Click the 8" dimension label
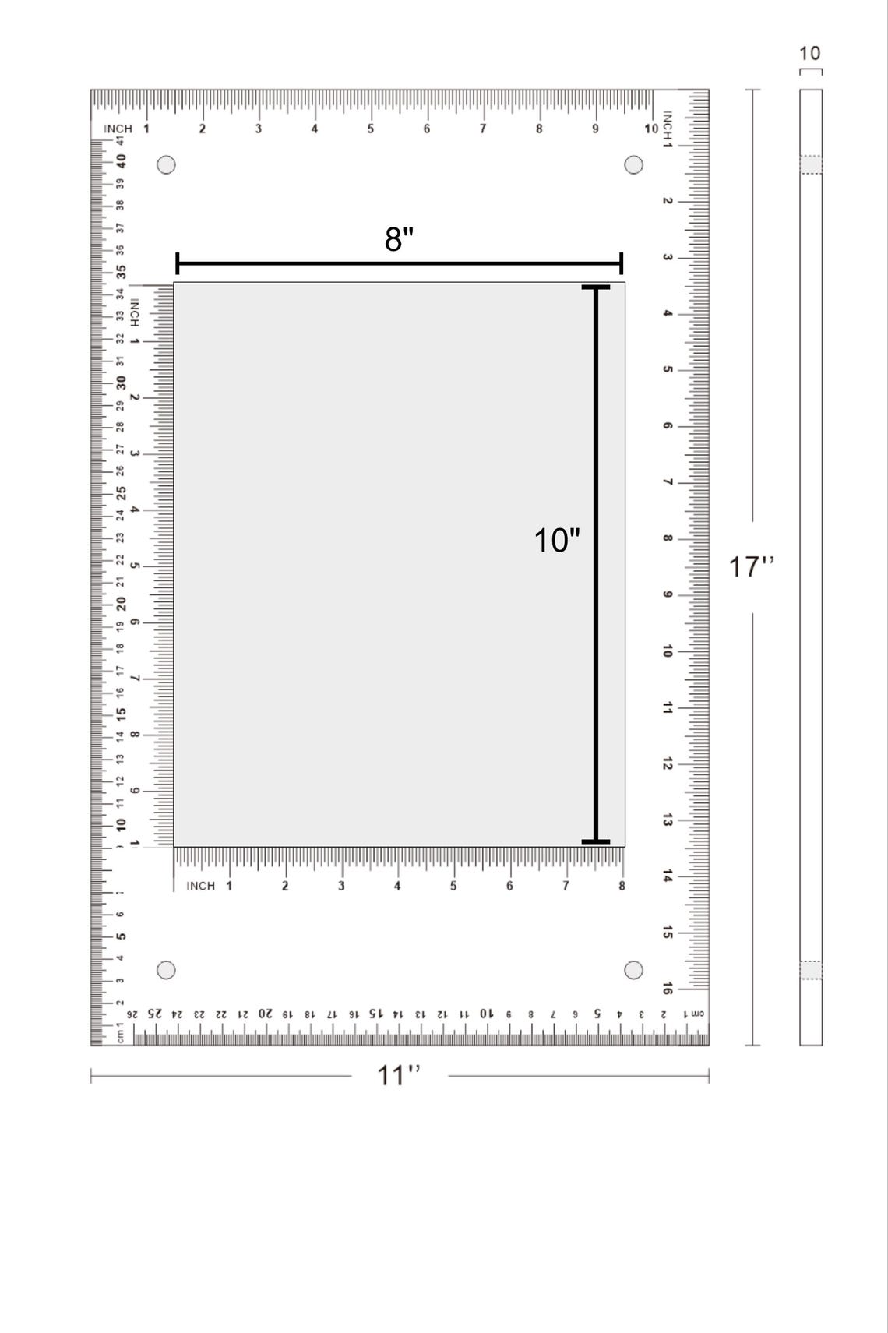click(x=399, y=239)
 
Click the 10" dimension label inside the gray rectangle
click(x=556, y=540)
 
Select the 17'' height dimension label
click(x=751, y=566)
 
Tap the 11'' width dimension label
click(x=399, y=1075)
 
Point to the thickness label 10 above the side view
click(x=809, y=54)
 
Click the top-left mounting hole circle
click(x=166, y=165)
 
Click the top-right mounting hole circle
click(x=634, y=165)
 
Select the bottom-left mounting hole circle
click(x=166, y=970)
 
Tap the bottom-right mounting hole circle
click(x=634, y=970)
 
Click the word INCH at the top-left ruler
click(x=118, y=129)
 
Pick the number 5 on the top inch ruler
click(x=371, y=129)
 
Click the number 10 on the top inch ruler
click(x=650, y=129)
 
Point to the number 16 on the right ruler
click(x=668, y=989)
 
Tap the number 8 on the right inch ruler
click(x=668, y=538)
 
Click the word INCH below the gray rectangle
click(x=201, y=886)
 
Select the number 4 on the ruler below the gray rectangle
click(x=397, y=886)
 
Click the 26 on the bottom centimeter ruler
click(x=133, y=1014)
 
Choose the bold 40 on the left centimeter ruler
click(x=121, y=160)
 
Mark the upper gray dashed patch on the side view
click(x=811, y=164)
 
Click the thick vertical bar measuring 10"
click(x=596, y=565)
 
